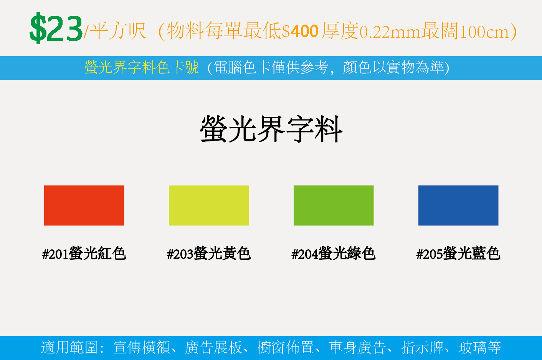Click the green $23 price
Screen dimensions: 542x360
(x=56, y=28)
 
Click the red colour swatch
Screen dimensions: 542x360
(x=84, y=206)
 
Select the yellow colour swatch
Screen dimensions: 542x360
(x=209, y=206)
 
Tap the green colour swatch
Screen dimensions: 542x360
(x=334, y=206)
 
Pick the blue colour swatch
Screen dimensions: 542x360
(x=458, y=206)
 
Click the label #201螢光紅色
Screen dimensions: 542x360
(x=84, y=254)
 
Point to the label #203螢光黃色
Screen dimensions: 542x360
(x=209, y=254)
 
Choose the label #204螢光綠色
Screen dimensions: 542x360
(x=334, y=254)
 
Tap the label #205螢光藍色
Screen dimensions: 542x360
(x=458, y=254)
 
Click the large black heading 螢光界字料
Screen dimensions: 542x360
(x=271, y=129)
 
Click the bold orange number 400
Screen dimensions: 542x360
(x=304, y=31)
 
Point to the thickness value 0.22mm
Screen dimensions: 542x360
(x=390, y=32)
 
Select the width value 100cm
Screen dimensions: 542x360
(x=484, y=32)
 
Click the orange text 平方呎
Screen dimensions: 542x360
(x=118, y=31)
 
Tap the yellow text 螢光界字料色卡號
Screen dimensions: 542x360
(x=142, y=67)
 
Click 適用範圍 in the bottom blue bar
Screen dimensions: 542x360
(x=69, y=347)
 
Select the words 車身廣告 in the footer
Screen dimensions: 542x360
(x=357, y=347)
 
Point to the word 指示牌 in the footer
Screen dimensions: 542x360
(x=423, y=347)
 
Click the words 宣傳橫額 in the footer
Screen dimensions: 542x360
(x=142, y=347)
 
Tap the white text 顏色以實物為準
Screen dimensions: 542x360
(x=393, y=67)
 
